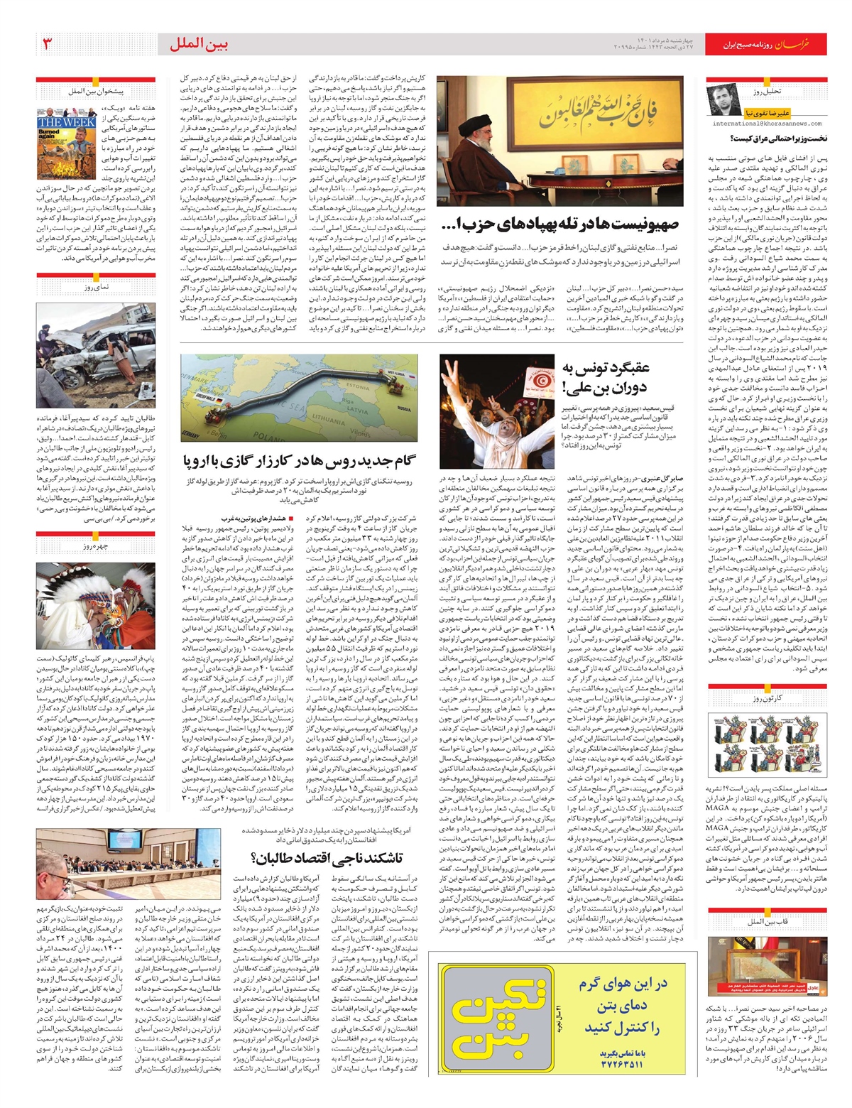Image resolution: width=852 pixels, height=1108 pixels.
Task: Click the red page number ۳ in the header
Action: [x=48, y=44]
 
